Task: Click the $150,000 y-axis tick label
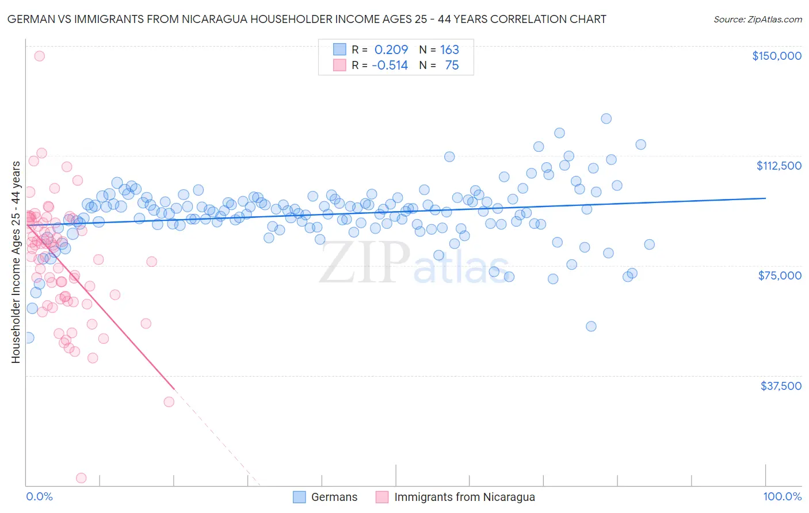click(x=776, y=56)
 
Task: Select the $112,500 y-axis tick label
click(x=779, y=166)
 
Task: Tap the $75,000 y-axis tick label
click(x=780, y=275)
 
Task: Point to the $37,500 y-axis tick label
click(x=781, y=386)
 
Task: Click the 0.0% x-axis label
click(x=39, y=496)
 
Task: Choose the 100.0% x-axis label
click(x=782, y=496)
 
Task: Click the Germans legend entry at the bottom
click(x=334, y=497)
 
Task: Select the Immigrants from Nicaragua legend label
click(x=464, y=497)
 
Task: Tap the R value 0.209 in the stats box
click(x=391, y=49)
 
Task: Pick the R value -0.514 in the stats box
click(x=390, y=65)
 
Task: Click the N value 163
click(x=449, y=49)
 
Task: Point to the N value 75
click(x=452, y=65)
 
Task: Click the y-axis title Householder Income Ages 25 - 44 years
click(x=16, y=262)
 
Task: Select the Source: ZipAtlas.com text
click(x=757, y=19)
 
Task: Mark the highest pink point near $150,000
click(x=39, y=56)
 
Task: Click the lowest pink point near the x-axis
click(x=81, y=478)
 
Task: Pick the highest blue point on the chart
click(x=606, y=118)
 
